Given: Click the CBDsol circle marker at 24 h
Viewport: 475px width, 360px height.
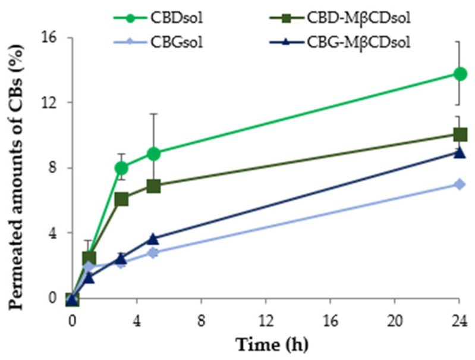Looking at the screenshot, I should click(x=460, y=74).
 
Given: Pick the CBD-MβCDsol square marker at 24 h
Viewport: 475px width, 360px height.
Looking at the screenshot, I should click(x=460, y=134).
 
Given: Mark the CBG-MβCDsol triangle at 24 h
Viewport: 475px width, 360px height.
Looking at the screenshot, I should click(x=460, y=152).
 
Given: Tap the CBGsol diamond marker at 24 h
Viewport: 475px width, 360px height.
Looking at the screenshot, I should click(x=460, y=184).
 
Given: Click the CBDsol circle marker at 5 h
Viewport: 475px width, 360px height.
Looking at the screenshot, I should click(x=153, y=154).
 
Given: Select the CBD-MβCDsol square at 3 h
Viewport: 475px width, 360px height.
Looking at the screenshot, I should click(x=121, y=199).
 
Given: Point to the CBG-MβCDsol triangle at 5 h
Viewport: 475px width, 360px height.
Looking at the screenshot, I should click(x=153, y=239).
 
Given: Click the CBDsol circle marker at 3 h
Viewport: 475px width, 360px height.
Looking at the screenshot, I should click(x=121, y=168).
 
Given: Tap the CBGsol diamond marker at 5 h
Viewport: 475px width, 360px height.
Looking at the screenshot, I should click(x=153, y=252).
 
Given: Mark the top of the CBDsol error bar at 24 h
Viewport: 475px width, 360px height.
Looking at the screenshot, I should click(x=460, y=41).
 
